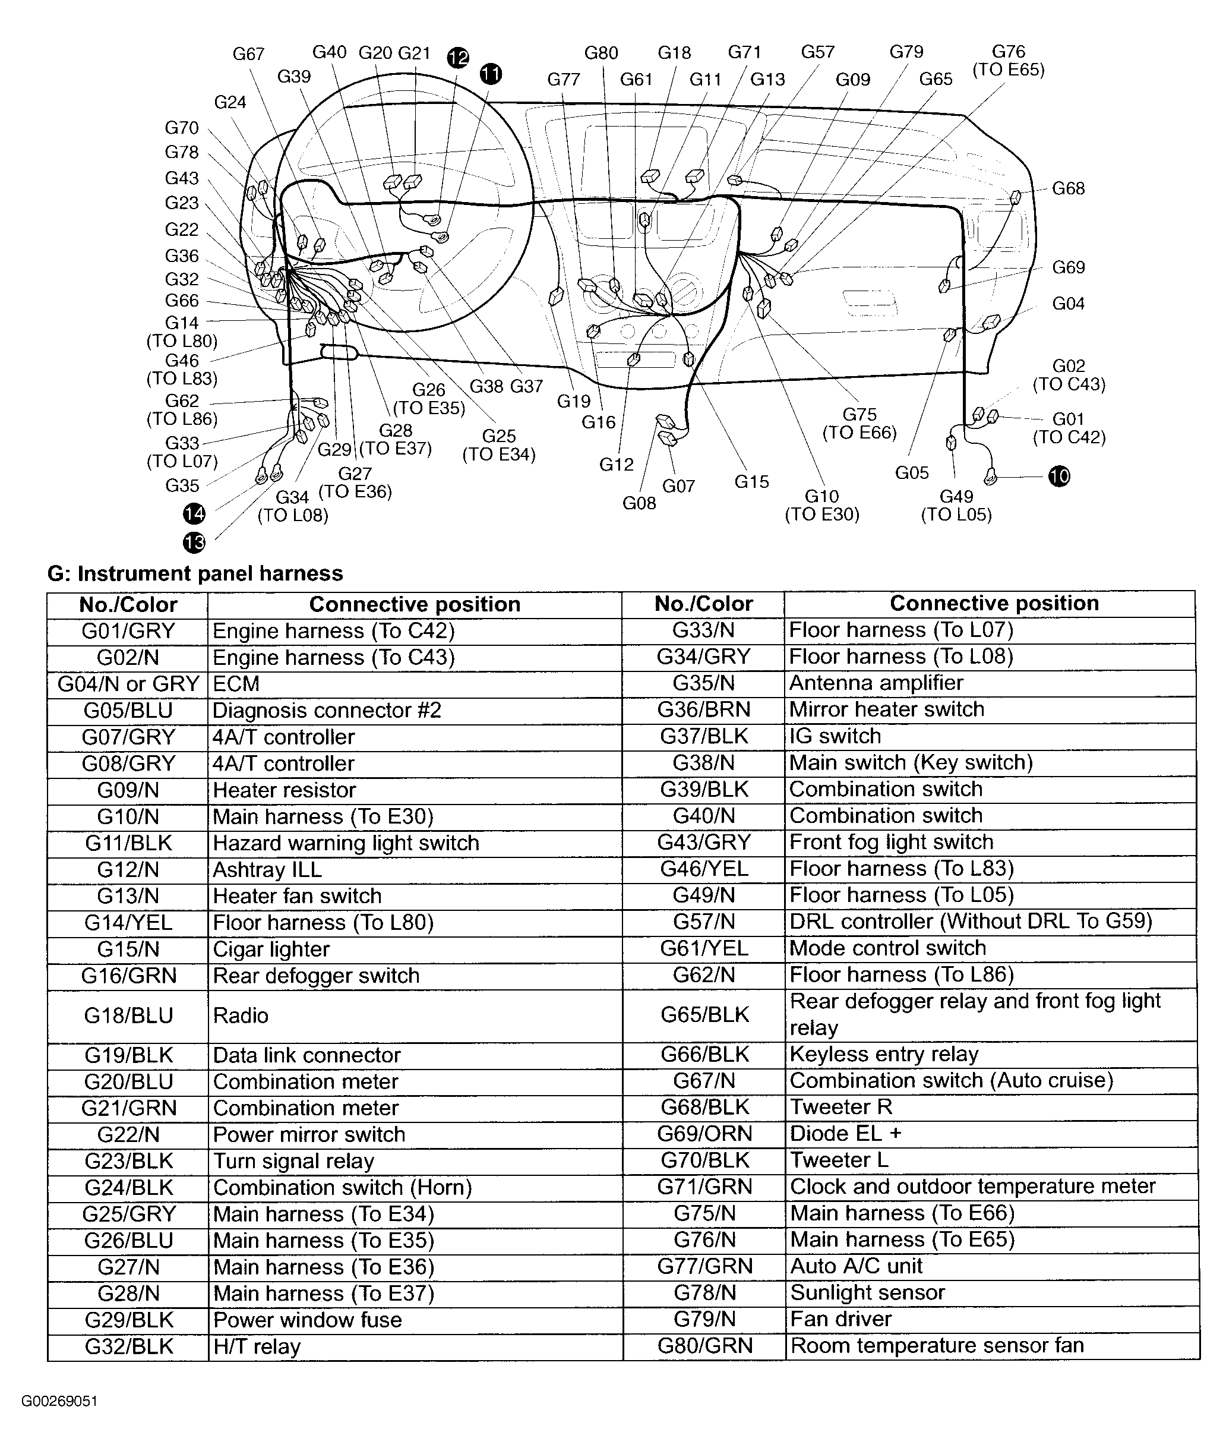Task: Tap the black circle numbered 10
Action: pyautogui.click(x=1058, y=477)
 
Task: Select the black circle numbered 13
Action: pyautogui.click(x=194, y=542)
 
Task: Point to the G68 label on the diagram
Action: pyautogui.click(x=1068, y=189)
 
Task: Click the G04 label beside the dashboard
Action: pyautogui.click(x=1068, y=304)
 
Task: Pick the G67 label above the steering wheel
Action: pyautogui.click(x=248, y=54)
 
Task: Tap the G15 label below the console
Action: pyautogui.click(x=751, y=481)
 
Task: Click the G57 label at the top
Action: pyautogui.click(x=817, y=52)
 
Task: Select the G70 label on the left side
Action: pyautogui.click(x=182, y=128)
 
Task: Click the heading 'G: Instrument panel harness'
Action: pyautogui.click(x=195, y=573)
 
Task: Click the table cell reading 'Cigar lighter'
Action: pyautogui.click(x=271, y=949)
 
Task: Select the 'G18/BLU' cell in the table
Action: pyautogui.click(x=128, y=1015)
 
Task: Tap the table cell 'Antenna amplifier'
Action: pyautogui.click(x=876, y=683)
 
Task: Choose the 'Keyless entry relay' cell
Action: pyautogui.click(x=884, y=1054)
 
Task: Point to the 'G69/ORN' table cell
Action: pyautogui.click(x=704, y=1134)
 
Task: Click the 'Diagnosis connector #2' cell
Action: pyautogui.click(x=327, y=710)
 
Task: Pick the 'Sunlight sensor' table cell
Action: pyautogui.click(x=867, y=1293)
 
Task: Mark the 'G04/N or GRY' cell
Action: pyautogui.click(x=128, y=684)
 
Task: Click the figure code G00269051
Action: pyautogui.click(x=59, y=1401)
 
